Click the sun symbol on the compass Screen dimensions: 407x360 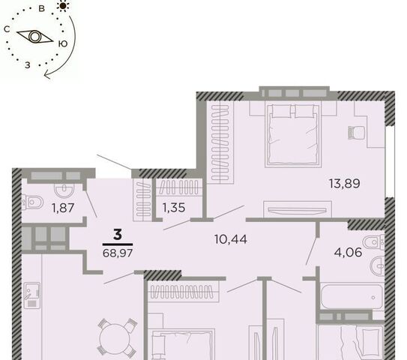point(63,6)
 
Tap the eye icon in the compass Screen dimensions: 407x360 point(34,37)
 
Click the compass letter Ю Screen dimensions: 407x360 point(62,44)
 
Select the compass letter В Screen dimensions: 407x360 point(41,8)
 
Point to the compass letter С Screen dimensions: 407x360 point(7,29)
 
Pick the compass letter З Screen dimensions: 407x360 point(28,65)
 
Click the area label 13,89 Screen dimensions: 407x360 point(345,184)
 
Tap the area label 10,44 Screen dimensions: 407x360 point(231,239)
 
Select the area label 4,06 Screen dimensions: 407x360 point(348,252)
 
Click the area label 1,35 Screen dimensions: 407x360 point(174,208)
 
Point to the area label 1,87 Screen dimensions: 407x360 point(63,208)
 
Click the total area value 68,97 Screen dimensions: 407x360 point(118,253)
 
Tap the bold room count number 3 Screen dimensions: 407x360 point(118,235)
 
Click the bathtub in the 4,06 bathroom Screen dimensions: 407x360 point(352,297)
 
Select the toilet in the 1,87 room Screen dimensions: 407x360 point(32,202)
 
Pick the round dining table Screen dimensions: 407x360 point(115,338)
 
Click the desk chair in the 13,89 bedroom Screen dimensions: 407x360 point(356,133)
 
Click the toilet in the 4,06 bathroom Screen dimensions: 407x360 point(373,242)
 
